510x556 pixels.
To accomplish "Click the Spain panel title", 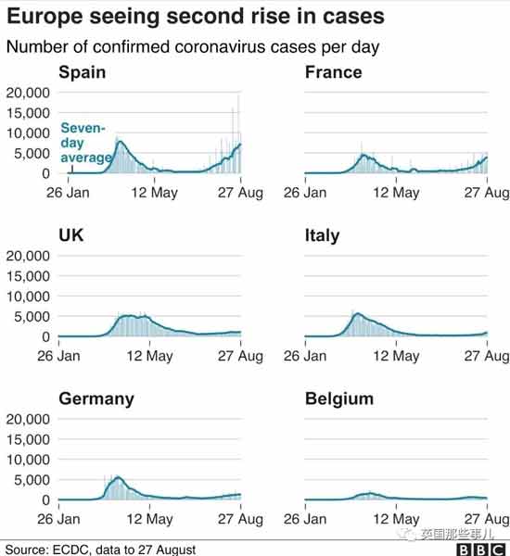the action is [x=83, y=72].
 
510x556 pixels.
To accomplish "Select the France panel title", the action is [x=334, y=72].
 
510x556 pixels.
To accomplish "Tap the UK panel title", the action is [x=71, y=235].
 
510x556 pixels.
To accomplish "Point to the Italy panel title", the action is [x=322, y=235].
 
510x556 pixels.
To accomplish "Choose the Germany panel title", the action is [x=96, y=399].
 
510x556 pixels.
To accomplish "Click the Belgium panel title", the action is [x=339, y=399].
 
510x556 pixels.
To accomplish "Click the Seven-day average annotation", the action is [x=86, y=143].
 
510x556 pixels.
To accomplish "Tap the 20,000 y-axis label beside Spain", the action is [x=28, y=93].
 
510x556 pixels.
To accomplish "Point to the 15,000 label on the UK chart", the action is [x=28, y=276].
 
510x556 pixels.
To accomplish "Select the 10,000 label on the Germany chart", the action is [x=28, y=460].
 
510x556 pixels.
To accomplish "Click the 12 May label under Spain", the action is [x=154, y=193].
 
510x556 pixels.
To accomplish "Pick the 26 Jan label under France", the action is [x=305, y=193].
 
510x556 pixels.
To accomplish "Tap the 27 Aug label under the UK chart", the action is [x=240, y=356].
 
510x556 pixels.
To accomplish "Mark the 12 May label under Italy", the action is [x=396, y=356].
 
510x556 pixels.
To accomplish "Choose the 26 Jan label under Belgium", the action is [x=305, y=520].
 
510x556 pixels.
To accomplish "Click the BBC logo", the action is [x=480, y=550].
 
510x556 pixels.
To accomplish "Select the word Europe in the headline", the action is [x=45, y=17].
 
